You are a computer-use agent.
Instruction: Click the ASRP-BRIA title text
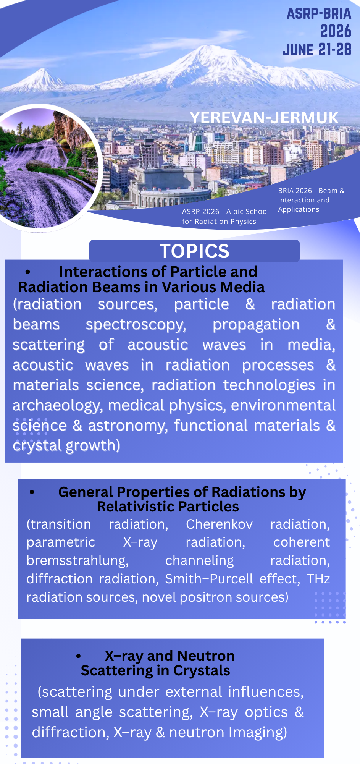319,14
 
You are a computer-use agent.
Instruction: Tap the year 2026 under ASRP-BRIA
336,31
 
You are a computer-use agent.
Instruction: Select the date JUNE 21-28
317,50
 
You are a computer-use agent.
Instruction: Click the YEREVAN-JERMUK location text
264,118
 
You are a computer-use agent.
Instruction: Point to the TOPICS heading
194,251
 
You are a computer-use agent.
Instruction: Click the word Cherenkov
219,524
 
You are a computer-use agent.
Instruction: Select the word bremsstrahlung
77,561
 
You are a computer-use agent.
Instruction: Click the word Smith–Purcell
209,579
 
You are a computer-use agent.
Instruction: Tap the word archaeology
58,406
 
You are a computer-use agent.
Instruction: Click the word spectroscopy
136,325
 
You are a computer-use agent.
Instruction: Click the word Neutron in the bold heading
206,656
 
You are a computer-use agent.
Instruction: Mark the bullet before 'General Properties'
32,492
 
